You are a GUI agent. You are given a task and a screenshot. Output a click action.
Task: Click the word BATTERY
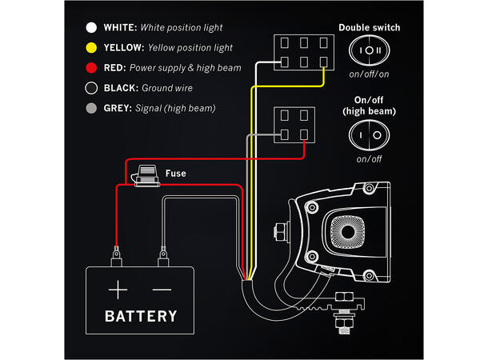point(141,315)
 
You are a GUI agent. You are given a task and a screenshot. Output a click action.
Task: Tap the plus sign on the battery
point(118,287)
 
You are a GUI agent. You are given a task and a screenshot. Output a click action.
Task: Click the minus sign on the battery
point(162,287)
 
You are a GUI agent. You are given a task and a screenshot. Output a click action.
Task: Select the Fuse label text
point(176,173)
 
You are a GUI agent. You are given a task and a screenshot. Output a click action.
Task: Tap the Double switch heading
point(369,27)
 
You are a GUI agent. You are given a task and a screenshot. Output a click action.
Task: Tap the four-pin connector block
point(292,126)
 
